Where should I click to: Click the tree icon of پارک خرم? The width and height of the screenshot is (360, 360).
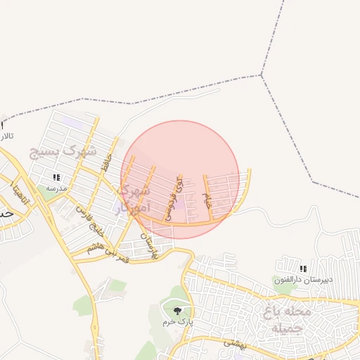tap(177, 310)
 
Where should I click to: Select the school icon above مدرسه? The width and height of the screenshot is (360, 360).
tap(56, 177)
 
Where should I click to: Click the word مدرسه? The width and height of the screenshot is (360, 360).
tap(56, 188)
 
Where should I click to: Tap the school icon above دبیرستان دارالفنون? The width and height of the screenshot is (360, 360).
tap(302, 269)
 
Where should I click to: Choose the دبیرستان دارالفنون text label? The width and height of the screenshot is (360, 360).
tap(302, 280)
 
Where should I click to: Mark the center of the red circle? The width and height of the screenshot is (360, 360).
tap(181, 180)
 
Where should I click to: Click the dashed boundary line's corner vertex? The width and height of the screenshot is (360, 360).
tap(261, 75)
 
